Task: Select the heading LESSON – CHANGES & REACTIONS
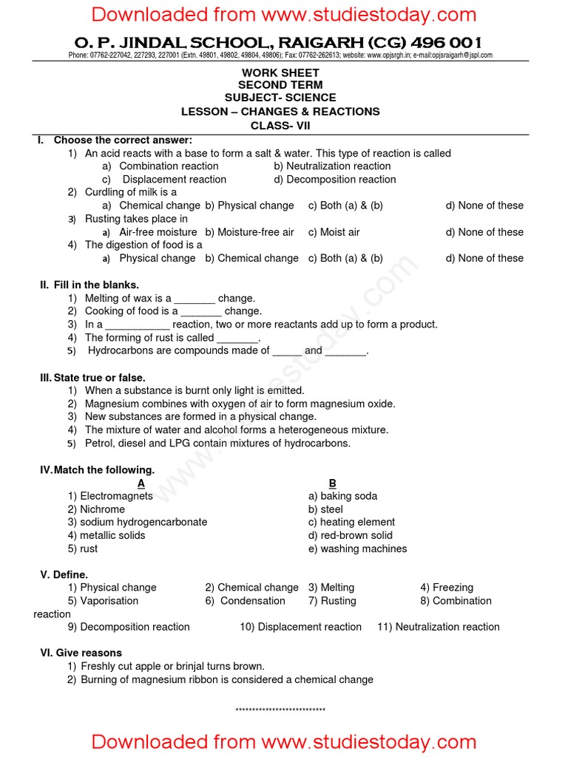pos(280,112)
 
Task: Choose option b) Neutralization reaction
pos(332,166)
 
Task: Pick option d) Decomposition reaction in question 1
pos(334,180)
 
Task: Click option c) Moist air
pos(334,232)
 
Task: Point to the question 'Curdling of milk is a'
pos(130,192)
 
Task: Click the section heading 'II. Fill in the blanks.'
pos(89,285)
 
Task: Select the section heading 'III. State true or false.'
pos(92,378)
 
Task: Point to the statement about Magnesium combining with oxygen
pos(240,404)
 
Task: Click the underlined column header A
pos(141,483)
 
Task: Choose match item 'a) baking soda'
pos(342,496)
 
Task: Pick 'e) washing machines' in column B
pos(357,549)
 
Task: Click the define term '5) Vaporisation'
pos(103,601)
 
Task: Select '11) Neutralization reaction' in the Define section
pos(438,627)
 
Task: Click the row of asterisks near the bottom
pos(280,710)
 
